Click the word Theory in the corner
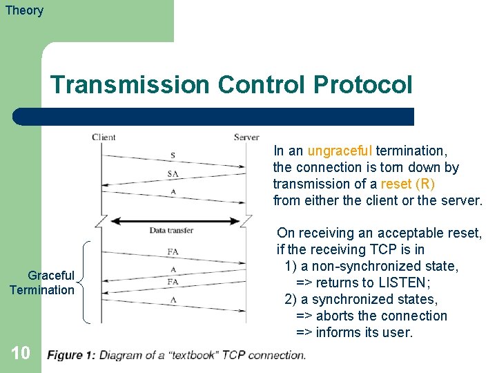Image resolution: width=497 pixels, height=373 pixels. [x=24, y=10]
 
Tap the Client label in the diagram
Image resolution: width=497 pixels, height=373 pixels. [x=104, y=137]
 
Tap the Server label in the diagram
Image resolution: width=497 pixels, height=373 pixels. [x=246, y=137]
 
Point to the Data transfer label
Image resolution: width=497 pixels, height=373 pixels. [x=171, y=230]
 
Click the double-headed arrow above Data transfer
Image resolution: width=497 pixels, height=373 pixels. [x=174, y=221]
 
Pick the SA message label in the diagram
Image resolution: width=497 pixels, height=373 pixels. [x=173, y=174]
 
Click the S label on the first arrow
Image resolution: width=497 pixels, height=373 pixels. [x=173, y=155]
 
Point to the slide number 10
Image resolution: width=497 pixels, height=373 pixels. [x=21, y=353]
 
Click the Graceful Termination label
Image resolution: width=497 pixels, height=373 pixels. [x=41, y=283]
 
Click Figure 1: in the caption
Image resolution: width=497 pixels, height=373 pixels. [x=71, y=356]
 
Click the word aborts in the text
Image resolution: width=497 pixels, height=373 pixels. [x=336, y=316]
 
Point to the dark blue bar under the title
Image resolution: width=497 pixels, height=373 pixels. [x=214, y=116]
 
